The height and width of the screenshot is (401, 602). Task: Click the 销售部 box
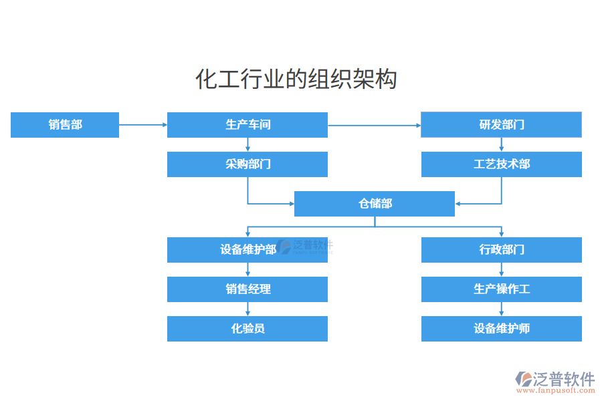(x=65, y=125)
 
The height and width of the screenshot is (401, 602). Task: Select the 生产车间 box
(x=247, y=125)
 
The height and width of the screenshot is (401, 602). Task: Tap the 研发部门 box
(x=501, y=125)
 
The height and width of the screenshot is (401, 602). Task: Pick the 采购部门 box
(x=247, y=164)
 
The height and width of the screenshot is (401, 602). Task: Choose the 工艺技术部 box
(x=501, y=164)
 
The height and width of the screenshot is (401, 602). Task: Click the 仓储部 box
(x=375, y=204)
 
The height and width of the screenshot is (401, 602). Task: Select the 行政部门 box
(x=501, y=250)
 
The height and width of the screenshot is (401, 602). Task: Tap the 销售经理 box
(x=247, y=289)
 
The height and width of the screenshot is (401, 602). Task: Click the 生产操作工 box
(x=501, y=289)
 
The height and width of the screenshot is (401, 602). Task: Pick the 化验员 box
(x=247, y=329)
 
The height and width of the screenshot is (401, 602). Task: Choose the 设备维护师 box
(x=501, y=329)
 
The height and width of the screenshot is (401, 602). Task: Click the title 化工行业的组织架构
(x=296, y=79)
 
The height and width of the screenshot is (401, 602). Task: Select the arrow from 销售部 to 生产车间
(x=143, y=125)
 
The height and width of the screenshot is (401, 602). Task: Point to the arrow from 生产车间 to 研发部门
(x=375, y=125)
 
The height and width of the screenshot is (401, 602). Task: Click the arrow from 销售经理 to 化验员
(x=248, y=309)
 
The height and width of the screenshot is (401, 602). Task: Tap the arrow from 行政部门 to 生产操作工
(x=502, y=269)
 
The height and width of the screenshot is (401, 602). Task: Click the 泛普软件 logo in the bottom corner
(x=555, y=379)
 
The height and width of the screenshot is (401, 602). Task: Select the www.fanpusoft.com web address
(x=557, y=391)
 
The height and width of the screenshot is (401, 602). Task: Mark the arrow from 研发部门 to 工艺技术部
(x=502, y=144)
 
